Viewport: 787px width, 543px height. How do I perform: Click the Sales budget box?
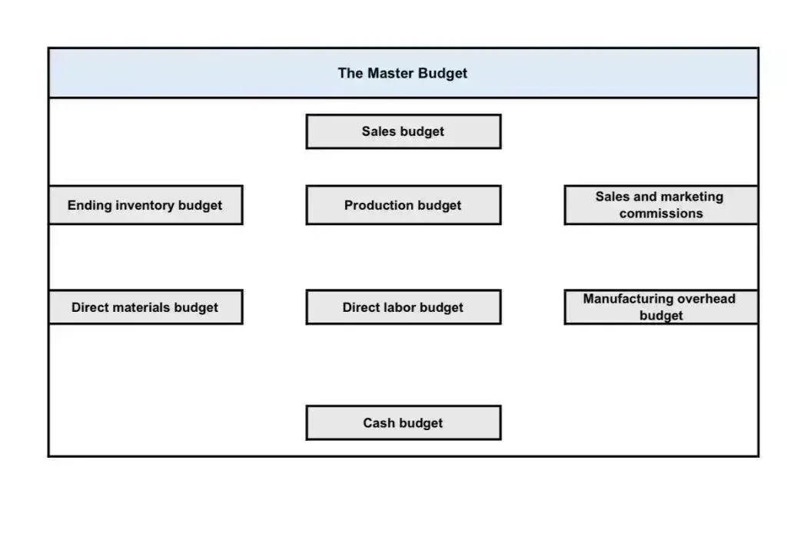coord(403,131)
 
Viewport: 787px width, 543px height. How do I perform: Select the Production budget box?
coord(403,205)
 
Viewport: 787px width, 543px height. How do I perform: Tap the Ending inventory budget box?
coord(145,205)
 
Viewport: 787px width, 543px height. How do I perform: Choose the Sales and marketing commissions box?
coord(661,205)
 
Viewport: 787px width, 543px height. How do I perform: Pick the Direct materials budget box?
coord(145,307)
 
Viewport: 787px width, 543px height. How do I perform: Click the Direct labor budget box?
coord(403,307)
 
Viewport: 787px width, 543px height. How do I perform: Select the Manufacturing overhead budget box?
coord(661,307)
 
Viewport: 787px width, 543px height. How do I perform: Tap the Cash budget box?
coord(403,422)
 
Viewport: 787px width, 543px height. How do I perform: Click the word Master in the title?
coord(390,73)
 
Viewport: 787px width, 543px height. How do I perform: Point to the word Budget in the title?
coord(443,74)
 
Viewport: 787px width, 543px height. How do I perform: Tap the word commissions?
coord(661,214)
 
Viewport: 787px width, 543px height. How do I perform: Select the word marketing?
coord(694,197)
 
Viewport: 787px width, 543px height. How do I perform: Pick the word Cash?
coord(379,423)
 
